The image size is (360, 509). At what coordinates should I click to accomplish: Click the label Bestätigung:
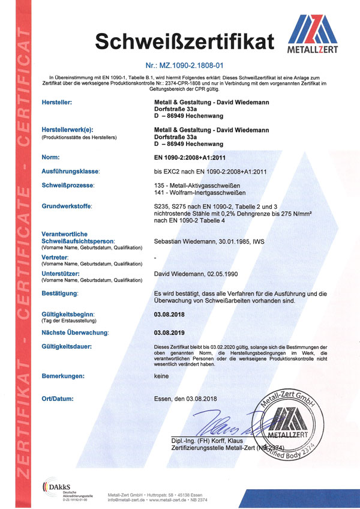(60, 294)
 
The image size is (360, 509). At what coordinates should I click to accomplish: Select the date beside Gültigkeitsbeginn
(171, 314)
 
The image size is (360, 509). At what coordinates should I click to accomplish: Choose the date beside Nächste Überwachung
(171, 332)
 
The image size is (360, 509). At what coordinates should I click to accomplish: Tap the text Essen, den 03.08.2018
(185, 399)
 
